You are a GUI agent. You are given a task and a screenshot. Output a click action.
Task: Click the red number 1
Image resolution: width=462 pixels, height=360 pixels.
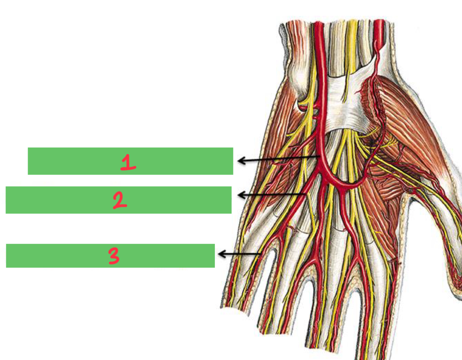coord(128,162)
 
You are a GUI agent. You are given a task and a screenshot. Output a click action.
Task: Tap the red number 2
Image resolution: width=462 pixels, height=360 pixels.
coord(120,201)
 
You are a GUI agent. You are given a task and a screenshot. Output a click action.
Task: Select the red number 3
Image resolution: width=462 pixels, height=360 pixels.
coord(113,256)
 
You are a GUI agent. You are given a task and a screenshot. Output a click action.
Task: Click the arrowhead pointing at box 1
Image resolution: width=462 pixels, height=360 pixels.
coord(240,161)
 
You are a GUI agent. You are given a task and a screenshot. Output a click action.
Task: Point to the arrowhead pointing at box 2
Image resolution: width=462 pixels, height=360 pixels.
coord(240,195)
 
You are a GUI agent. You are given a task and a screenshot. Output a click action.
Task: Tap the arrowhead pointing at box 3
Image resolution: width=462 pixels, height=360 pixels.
coord(221,254)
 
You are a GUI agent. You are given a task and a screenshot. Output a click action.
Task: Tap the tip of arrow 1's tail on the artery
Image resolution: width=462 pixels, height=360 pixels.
coord(320,156)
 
